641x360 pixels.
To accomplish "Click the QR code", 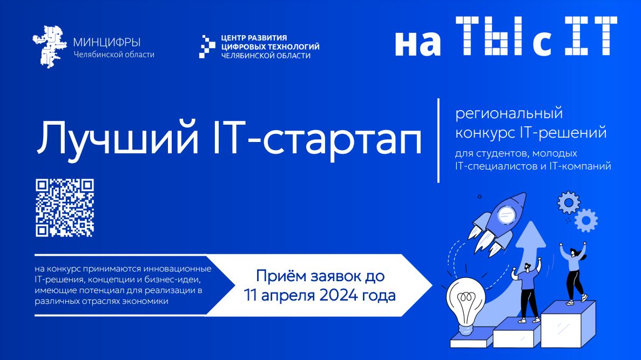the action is [x=65, y=208].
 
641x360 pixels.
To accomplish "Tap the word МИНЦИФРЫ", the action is [x=107, y=43].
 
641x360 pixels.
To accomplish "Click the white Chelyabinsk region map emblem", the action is [x=50, y=46].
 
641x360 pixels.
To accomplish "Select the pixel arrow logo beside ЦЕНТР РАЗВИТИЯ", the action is [x=207, y=46].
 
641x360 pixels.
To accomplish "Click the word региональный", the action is [x=509, y=114].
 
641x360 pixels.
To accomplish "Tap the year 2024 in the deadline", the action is [x=338, y=295].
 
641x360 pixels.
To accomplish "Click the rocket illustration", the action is [x=497, y=223].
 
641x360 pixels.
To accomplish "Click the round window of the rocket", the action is [x=506, y=214].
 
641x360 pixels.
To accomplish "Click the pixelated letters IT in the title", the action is [x=591, y=36].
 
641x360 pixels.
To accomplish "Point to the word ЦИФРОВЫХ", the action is [x=245, y=46].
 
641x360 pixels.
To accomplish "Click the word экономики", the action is [x=145, y=302].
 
